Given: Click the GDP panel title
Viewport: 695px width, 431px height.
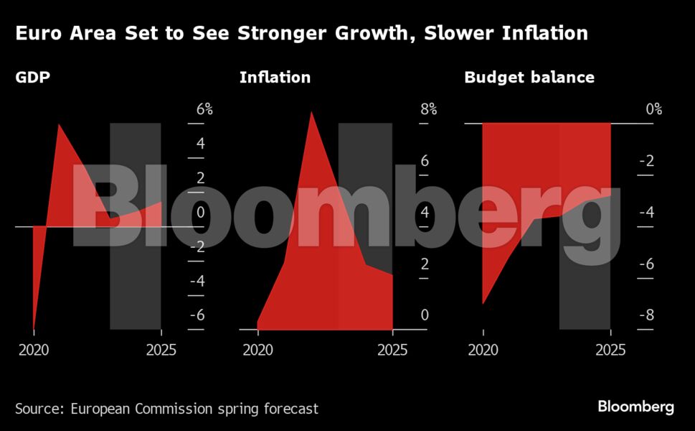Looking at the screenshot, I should tap(32, 77).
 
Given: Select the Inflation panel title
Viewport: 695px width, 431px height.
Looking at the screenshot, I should tap(275, 77).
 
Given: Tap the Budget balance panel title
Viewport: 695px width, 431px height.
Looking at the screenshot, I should tap(529, 77).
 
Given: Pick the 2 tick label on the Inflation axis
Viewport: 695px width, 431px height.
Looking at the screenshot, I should tap(425, 264).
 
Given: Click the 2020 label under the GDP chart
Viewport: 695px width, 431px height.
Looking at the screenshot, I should tap(33, 351).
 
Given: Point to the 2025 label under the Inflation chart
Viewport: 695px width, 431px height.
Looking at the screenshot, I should tap(392, 351).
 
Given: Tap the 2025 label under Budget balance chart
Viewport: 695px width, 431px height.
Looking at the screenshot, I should tap(610, 351).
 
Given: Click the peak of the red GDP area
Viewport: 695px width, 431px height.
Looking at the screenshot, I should tap(59, 125).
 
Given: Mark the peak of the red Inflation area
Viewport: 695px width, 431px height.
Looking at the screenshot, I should tap(311, 111).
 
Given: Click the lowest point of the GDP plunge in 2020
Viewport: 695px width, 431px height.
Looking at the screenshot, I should tap(34, 328).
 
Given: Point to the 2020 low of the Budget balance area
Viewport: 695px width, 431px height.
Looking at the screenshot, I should tap(483, 304).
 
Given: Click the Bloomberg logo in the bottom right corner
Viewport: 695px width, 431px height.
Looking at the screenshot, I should tap(635, 407).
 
